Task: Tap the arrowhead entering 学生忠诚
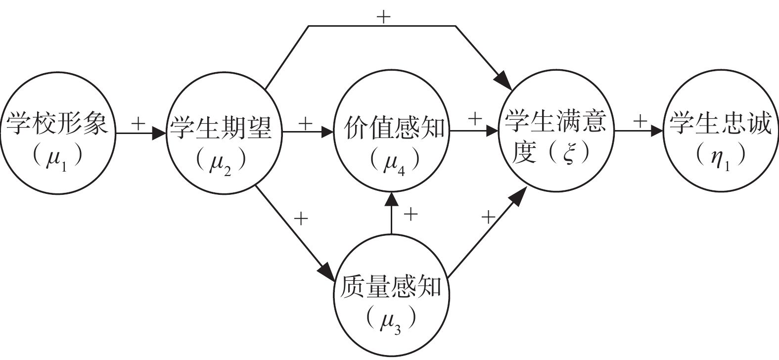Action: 657,131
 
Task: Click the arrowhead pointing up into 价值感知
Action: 391,199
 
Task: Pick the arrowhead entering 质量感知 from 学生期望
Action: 326,271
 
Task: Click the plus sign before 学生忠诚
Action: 641,121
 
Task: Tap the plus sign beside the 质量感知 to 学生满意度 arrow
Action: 488,217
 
